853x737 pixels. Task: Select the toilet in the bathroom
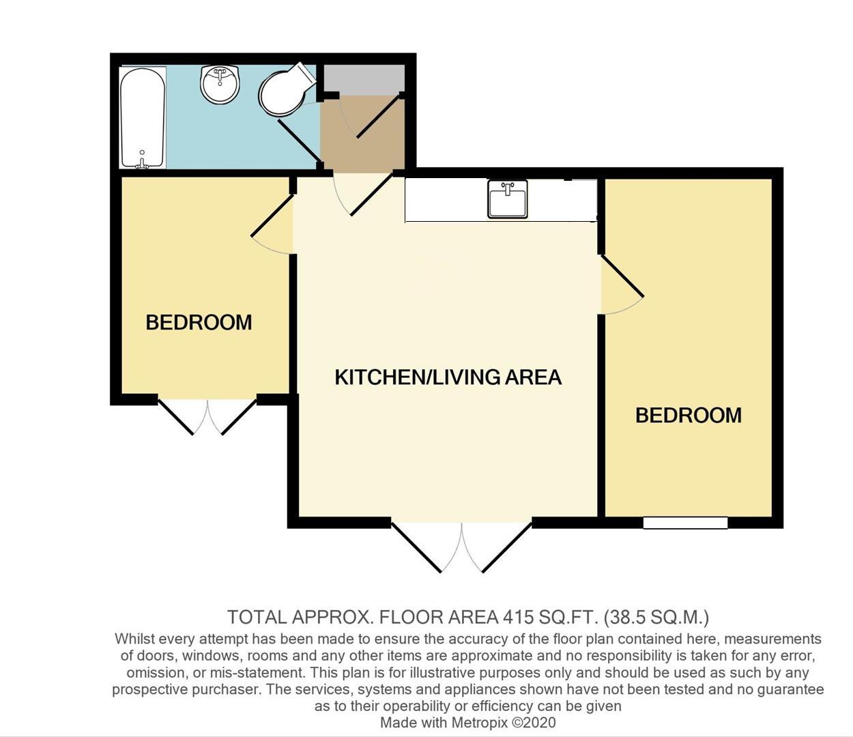(x=283, y=92)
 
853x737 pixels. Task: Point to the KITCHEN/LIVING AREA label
(x=448, y=377)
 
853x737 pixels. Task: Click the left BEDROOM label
(x=199, y=322)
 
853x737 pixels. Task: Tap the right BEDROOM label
(x=688, y=415)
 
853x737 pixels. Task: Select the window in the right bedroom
(x=685, y=523)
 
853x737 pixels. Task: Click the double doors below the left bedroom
(x=207, y=416)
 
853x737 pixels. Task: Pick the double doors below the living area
(x=462, y=546)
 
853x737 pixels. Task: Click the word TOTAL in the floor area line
(x=257, y=618)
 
